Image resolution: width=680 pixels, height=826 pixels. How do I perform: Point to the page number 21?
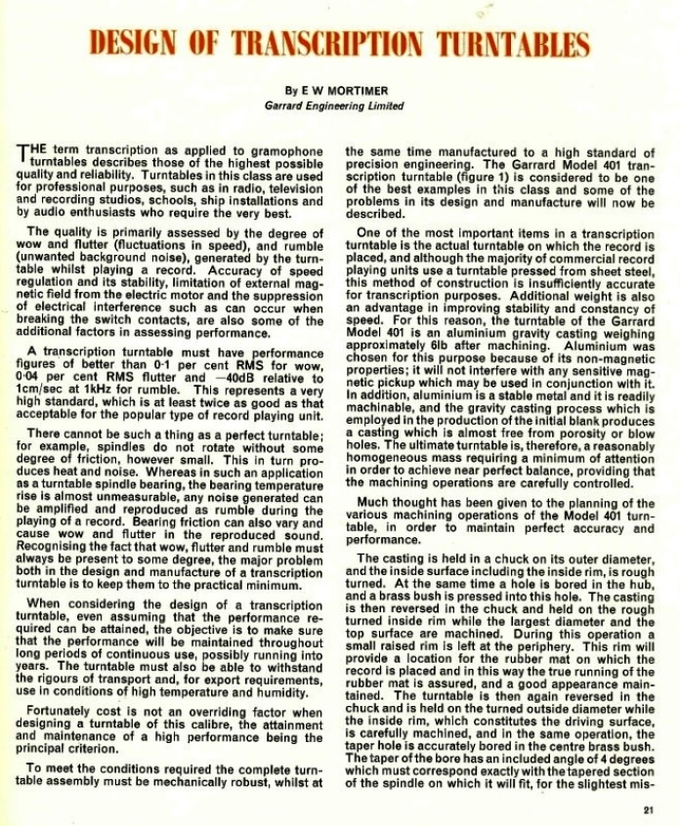(x=650, y=807)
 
